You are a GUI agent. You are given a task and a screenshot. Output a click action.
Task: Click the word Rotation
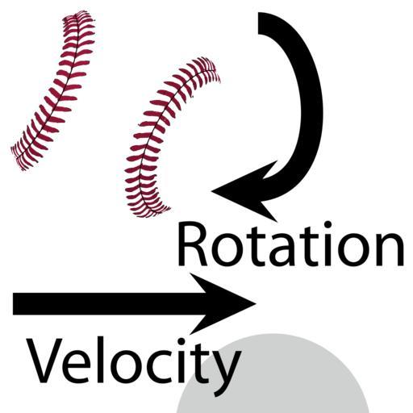290,244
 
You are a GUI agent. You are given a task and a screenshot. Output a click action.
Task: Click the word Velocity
134,364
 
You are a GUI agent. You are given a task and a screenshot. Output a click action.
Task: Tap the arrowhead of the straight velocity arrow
223,304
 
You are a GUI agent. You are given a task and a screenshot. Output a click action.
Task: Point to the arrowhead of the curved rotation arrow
244,191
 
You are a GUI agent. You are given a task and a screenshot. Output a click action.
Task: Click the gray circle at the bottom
272,377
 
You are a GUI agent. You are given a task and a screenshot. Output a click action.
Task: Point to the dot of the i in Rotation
328,225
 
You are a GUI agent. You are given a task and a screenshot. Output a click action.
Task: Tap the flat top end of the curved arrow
259,23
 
